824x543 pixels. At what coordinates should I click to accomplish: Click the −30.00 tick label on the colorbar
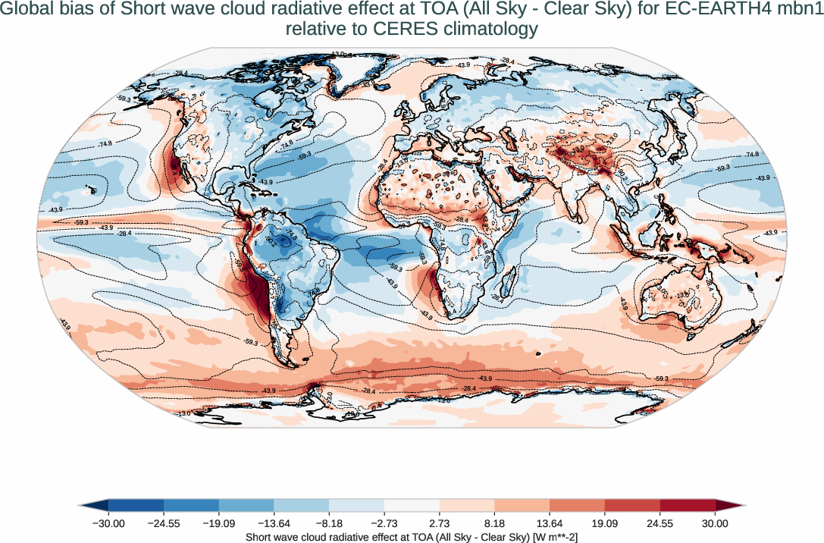coord(108,523)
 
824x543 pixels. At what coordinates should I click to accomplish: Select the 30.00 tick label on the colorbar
coord(715,523)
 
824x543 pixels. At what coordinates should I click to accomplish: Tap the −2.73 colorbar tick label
coord(384,523)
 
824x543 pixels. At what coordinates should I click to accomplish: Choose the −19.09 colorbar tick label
coord(219,523)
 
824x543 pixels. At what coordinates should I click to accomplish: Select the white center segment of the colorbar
coord(412,505)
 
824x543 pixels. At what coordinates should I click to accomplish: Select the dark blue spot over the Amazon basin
coord(285,241)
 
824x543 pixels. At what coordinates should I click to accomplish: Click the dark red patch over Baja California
coord(174,165)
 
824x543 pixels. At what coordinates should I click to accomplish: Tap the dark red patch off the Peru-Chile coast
coord(258,292)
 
